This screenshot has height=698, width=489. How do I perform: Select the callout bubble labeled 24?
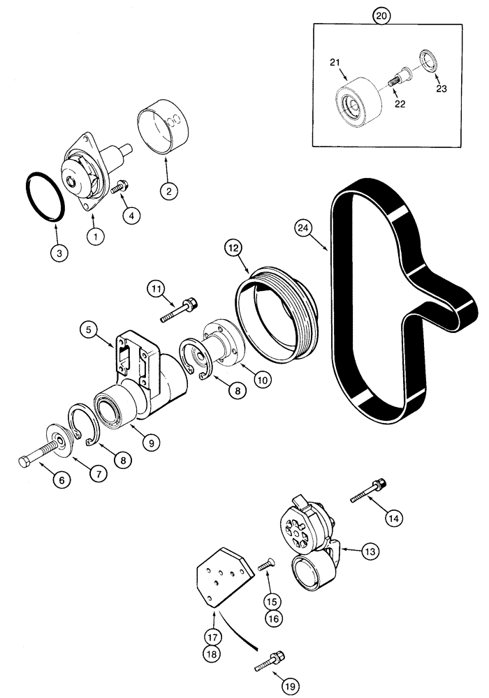(302, 227)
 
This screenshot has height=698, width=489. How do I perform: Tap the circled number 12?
(233, 247)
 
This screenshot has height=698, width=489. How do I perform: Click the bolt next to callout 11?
(180, 311)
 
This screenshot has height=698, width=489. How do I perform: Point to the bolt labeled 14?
(369, 490)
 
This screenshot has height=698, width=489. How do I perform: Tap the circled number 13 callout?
(370, 551)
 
